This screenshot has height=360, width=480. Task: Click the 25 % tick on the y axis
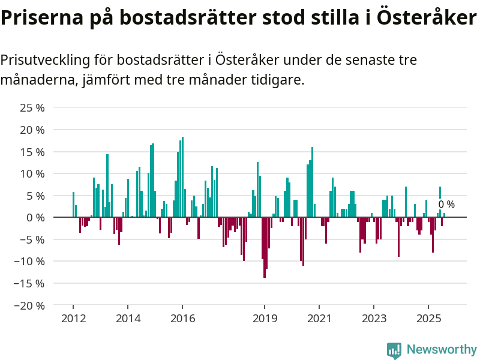(x=32, y=108)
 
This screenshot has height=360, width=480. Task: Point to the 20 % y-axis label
(x=32, y=130)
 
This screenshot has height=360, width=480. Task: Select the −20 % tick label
(x=30, y=305)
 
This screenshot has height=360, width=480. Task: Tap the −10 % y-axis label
(x=30, y=261)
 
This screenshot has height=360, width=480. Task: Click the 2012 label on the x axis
(x=73, y=318)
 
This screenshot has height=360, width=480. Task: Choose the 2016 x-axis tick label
(x=182, y=318)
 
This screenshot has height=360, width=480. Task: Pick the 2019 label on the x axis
(x=265, y=318)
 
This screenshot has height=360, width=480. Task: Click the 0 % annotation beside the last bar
(x=446, y=205)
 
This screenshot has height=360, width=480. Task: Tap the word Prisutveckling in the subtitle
(x=46, y=60)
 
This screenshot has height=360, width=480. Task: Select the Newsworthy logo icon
(x=394, y=350)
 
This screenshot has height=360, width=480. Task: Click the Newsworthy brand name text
(x=442, y=349)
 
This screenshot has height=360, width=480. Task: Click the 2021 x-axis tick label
(x=319, y=318)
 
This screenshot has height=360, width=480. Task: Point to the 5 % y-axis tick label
(x=35, y=196)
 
